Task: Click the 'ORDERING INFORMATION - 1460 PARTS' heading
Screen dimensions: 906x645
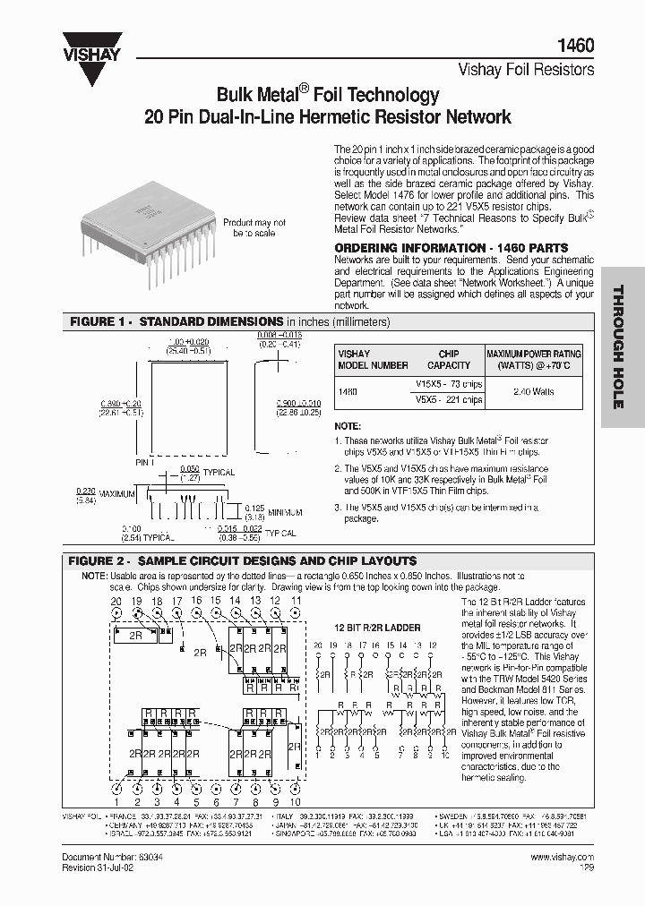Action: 451,247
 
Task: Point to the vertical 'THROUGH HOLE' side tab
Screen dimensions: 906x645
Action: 617,346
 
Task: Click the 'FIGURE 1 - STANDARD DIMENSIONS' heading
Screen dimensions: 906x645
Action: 177,321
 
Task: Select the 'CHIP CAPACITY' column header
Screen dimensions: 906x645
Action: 449,359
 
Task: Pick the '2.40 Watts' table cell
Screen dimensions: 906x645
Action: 535,391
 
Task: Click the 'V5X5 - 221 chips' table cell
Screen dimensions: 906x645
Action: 449,399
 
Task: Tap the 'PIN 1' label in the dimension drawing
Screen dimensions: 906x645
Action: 146,462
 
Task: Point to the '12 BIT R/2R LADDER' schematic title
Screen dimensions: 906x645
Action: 377,628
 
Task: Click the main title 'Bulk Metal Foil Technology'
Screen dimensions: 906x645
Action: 328,95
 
